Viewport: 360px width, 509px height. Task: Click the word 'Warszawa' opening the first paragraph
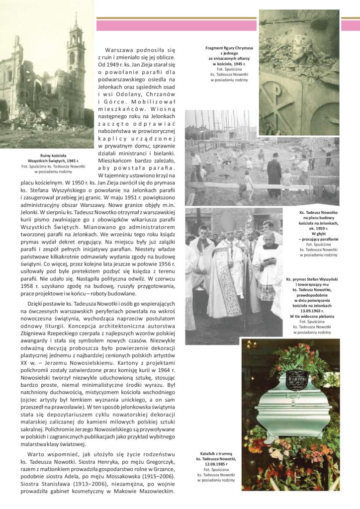pyautogui.click(x=120, y=50)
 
